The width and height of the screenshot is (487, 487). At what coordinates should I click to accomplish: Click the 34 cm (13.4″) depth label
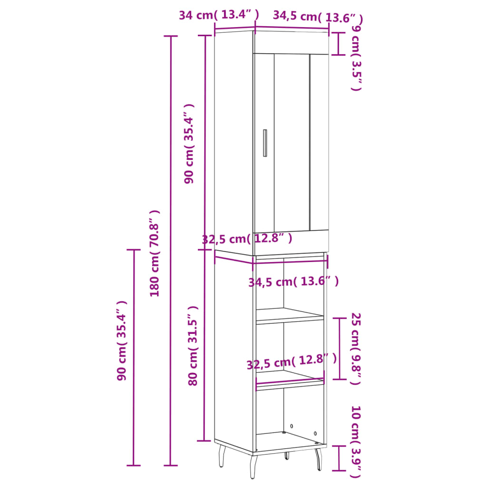(x=219, y=15)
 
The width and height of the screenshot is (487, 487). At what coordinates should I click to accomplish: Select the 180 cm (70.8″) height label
(x=155, y=253)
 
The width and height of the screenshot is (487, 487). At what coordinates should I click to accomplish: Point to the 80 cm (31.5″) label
(x=193, y=345)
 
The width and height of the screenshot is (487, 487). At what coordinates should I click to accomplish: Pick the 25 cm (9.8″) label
(x=356, y=349)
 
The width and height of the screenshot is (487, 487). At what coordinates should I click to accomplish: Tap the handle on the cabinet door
(x=265, y=143)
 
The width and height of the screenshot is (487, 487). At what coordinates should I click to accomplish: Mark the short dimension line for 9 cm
(x=338, y=44)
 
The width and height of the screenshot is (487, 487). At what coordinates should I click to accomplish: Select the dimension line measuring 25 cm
(x=339, y=349)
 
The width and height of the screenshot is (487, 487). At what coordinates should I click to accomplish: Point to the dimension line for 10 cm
(x=339, y=458)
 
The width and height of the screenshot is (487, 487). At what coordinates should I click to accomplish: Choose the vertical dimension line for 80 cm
(x=205, y=345)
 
